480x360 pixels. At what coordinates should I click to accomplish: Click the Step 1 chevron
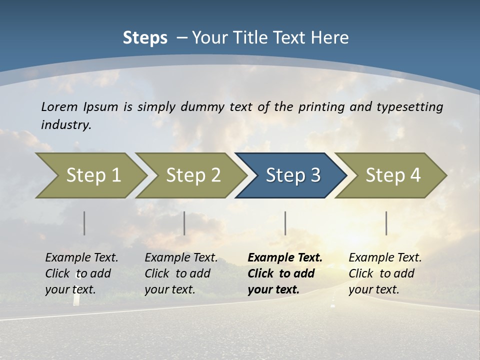click(x=90, y=175)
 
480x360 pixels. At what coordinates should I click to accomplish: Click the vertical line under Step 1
click(x=84, y=223)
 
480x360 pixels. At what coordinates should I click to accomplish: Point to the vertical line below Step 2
click(x=184, y=223)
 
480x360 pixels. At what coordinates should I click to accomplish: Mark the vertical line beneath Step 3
click(x=285, y=223)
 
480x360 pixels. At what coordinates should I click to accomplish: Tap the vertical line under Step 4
click(x=386, y=223)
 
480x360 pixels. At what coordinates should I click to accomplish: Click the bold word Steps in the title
click(x=145, y=38)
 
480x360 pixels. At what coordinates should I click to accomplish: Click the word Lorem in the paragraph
click(x=59, y=106)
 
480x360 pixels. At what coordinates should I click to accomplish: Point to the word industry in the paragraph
click(x=66, y=124)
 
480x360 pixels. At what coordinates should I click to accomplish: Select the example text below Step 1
click(x=81, y=273)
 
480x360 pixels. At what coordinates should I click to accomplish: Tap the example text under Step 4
click(x=384, y=273)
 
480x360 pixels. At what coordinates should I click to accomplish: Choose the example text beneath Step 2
click(x=180, y=273)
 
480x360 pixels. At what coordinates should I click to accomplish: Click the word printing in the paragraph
click(x=320, y=106)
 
